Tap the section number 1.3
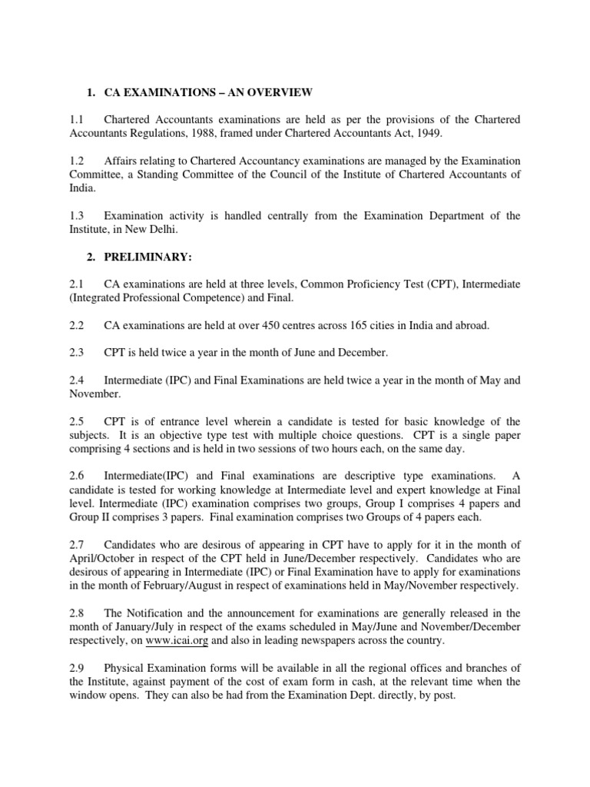pos(76,216)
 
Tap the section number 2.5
pos(76,421)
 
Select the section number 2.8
pos(76,613)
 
